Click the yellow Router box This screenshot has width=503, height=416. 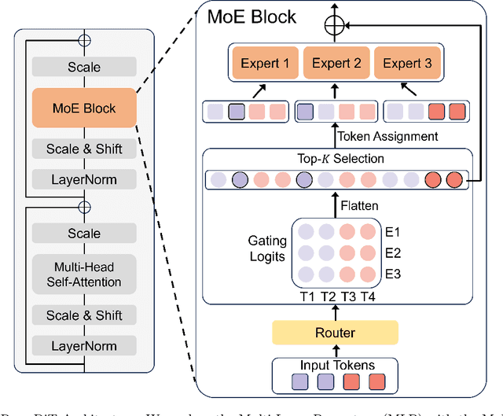[x=335, y=333]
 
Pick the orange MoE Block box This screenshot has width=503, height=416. [x=84, y=108]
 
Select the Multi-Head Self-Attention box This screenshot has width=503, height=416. [x=84, y=275]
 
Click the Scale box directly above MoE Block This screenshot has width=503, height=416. [x=84, y=68]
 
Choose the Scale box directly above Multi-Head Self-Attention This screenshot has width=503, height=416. [x=84, y=234]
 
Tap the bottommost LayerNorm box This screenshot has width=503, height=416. [x=84, y=345]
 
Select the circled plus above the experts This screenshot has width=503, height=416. [x=335, y=26]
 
